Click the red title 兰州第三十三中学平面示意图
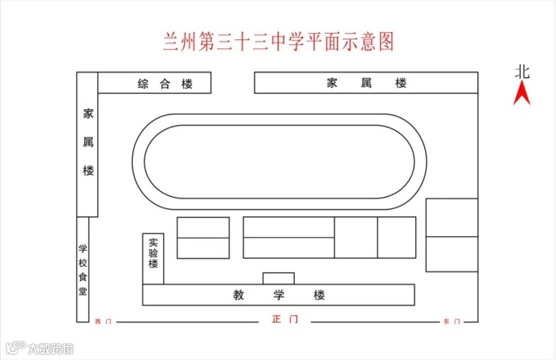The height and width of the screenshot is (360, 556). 278,42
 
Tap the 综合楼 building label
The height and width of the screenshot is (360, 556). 166,84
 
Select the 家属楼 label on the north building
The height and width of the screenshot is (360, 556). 366,84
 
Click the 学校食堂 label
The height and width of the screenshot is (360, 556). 83,269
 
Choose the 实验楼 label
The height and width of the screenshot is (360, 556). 153,252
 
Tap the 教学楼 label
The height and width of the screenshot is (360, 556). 279,295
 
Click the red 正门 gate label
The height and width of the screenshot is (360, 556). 285,320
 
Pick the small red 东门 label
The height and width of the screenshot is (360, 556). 452,321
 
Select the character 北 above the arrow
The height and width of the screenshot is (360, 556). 523,71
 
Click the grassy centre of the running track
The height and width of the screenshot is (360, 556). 279,162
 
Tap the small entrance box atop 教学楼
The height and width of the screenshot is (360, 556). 279,278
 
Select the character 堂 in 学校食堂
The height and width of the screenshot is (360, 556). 83,291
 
